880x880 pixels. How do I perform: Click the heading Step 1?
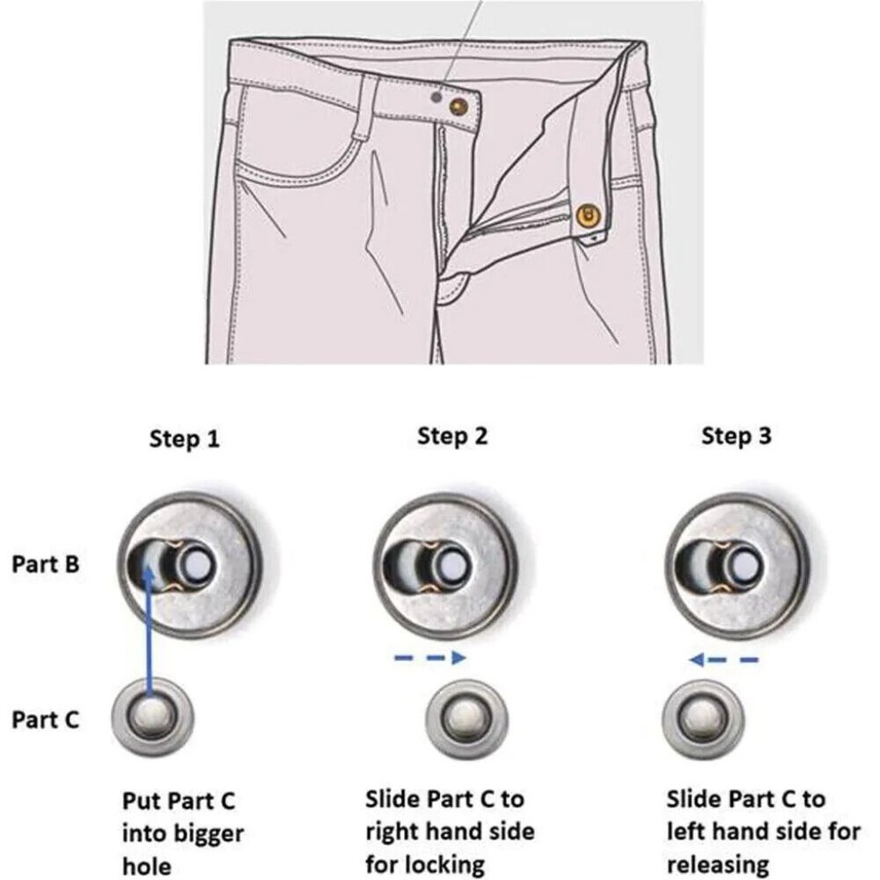184,439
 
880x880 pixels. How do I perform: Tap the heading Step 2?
452,436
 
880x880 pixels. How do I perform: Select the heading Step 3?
737,436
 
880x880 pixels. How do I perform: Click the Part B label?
46,564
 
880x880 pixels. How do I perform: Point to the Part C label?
46,720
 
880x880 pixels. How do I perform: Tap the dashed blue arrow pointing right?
430,657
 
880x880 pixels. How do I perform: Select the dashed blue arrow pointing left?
723,659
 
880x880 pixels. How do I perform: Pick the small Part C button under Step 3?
703,719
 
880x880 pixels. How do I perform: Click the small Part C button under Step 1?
152,718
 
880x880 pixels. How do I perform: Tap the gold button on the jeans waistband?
458,106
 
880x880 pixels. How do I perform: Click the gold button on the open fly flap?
588,216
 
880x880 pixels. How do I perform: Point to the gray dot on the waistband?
436,97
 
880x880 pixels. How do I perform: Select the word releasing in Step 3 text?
718,864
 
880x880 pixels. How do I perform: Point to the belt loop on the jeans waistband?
365,106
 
